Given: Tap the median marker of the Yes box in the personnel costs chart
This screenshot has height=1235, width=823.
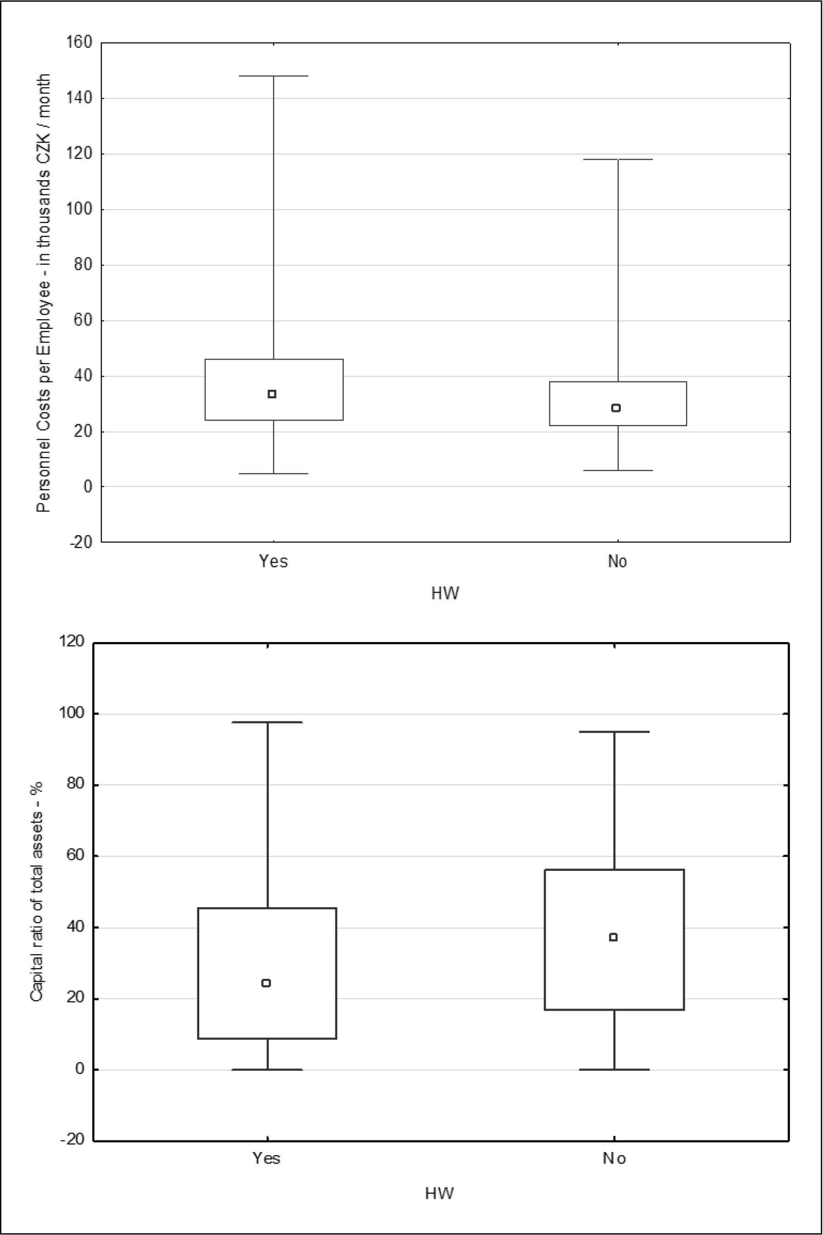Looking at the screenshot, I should (272, 394).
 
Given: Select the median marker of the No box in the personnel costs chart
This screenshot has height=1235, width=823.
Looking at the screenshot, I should (616, 408).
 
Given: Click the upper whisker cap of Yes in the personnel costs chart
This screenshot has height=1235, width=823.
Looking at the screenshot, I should (274, 76).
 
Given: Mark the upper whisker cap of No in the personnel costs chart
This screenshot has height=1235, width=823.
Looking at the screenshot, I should (618, 160).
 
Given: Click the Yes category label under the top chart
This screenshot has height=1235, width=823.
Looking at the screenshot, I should (274, 562).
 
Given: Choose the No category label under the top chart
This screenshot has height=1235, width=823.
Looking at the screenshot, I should (618, 562).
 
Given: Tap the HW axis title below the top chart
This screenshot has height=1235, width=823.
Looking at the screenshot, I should (445, 594).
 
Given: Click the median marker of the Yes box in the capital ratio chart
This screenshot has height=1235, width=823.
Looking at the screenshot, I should (266, 983).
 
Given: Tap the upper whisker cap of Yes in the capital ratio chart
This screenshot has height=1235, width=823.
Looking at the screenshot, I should (268, 722).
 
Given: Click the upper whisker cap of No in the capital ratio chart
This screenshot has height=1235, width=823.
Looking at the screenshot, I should (614, 731).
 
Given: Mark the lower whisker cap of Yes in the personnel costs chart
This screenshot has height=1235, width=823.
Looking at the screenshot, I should (274, 474).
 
